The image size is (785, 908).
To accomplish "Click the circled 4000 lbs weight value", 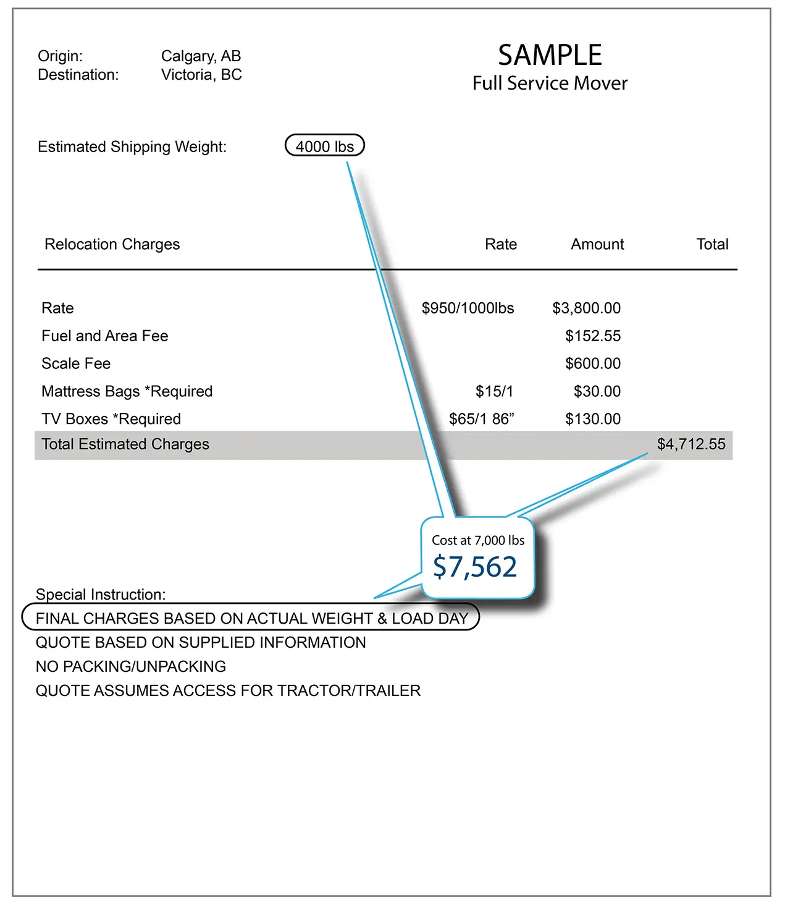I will click(x=325, y=146).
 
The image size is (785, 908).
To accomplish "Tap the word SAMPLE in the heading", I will click(x=550, y=56).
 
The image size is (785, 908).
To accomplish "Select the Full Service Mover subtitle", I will click(x=550, y=83).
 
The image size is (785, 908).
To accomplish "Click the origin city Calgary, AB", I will click(x=201, y=56).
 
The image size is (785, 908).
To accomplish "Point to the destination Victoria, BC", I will click(x=201, y=75).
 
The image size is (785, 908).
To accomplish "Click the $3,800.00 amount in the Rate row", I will click(x=586, y=308).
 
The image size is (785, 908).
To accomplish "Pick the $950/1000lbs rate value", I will click(x=468, y=308).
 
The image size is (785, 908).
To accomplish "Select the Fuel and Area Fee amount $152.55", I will click(x=593, y=336).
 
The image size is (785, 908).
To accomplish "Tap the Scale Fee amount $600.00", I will click(x=593, y=363).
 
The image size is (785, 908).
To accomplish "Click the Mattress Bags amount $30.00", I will click(x=597, y=391).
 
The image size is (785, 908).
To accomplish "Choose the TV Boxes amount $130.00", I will click(x=593, y=419).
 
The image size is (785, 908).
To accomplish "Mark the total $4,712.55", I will click(x=691, y=444).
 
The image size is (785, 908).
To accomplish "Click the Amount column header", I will click(x=597, y=244).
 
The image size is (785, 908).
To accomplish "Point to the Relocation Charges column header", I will click(x=112, y=244).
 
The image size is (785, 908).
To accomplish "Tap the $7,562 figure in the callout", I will click(x=475, y=567).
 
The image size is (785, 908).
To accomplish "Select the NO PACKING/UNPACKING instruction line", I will click(x=131, y=666).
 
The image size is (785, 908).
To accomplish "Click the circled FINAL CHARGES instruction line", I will click(x=251, y=619).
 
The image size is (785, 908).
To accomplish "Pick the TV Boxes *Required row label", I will click(x=111, y=419).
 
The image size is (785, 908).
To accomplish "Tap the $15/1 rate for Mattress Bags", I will click(x=494, y=391).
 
